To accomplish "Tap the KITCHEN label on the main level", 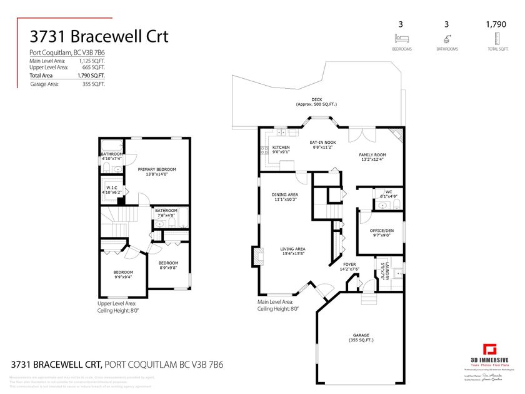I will coord(281,149).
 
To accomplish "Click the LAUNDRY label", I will coord(383,270).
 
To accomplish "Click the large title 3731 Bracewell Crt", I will coord(99,36).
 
